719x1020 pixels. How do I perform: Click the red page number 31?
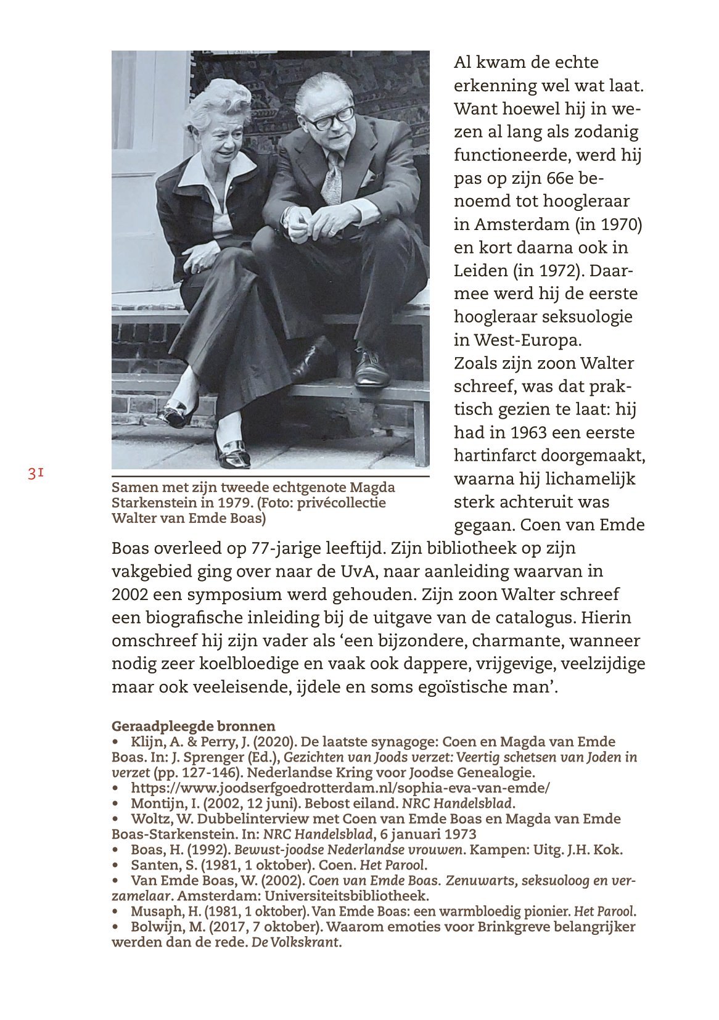tap(35, 474)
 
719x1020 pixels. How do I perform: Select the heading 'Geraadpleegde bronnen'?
tap(193, 726)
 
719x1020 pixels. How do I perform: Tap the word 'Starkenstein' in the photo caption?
tap(149, 503)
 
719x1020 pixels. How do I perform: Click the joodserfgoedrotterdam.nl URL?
tap(340, 788)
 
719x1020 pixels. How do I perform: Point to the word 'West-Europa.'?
tap(527, 340)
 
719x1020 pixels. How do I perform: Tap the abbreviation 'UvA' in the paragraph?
tap(358, 571)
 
